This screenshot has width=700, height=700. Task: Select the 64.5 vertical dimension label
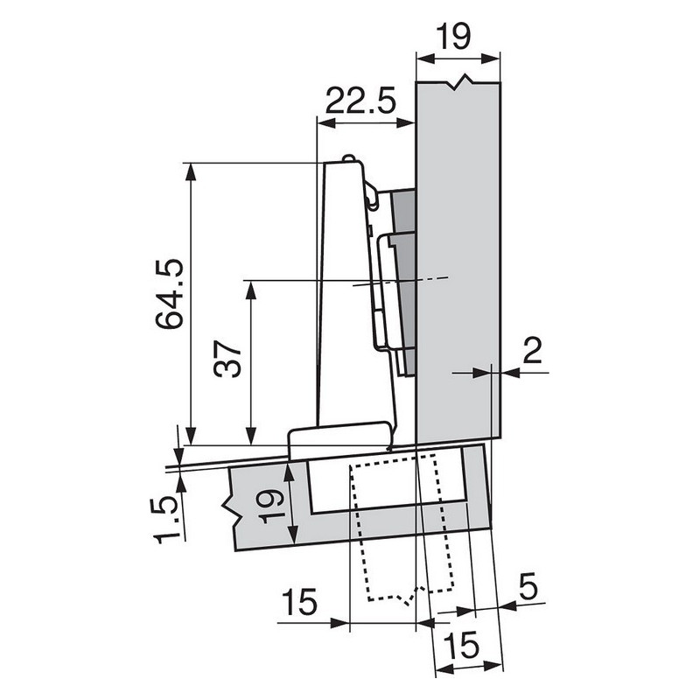click(168, 293)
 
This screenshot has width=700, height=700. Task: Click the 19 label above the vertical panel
click(456, 36)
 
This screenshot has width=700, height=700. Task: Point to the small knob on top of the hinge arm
click(350, 159)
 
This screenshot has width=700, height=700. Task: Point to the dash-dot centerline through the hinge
click(411, 281)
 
